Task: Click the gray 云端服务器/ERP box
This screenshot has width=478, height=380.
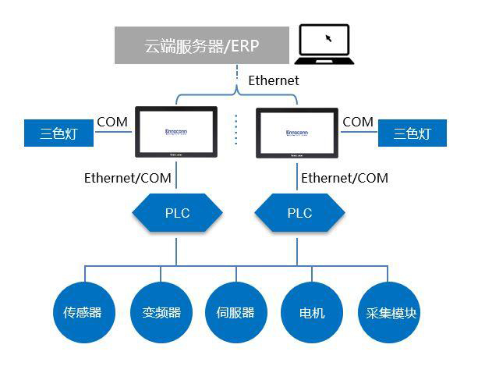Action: coord(201,45)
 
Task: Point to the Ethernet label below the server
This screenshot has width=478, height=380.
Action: coord(273,80)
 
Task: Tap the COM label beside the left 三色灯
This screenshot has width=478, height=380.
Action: coord(112,122)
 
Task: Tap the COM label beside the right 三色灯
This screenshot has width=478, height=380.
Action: coord(358,122)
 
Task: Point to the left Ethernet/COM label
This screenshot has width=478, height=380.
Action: coord(128,178)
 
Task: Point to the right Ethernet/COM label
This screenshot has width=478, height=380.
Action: coord(344,178)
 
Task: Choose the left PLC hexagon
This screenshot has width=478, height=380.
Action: coord(177,213)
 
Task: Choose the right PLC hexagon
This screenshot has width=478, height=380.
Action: coord(299,213)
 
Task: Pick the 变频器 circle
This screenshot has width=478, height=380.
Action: coord(161,313)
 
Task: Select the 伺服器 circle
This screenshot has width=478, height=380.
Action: coord(235,313)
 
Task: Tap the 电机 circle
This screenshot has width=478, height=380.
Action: coord(312,313)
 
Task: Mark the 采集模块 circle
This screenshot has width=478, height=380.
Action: coord(388,313)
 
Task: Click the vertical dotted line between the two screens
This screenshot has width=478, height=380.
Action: coord(237,129)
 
